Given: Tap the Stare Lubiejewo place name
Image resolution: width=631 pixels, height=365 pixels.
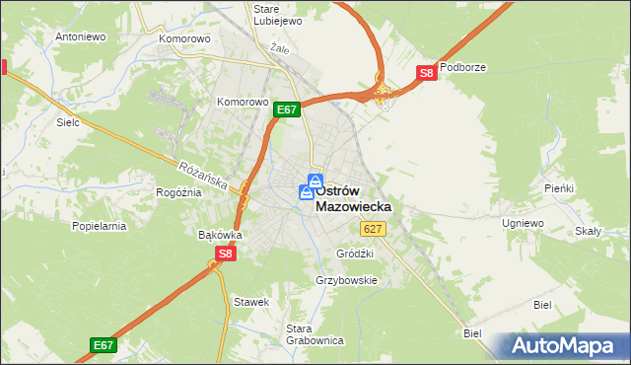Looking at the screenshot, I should pos(277,16).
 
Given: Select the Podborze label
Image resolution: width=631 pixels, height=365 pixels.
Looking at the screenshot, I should pos(463,67).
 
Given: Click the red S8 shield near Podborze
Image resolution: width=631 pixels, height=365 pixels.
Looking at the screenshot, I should pos(426,72).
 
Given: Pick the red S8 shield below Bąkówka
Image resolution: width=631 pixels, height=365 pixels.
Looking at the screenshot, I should pos(225,254).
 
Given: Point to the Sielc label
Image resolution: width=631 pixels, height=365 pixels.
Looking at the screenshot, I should pos(68,123).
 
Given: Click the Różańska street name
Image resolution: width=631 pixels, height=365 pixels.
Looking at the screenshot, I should pos(204,177).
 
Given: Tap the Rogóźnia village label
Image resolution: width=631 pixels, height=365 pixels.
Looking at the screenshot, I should pos(178,192).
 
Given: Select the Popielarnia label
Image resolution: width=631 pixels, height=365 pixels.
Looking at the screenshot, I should pos(100,226).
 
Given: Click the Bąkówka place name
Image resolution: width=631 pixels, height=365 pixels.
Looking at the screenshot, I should pos(220,236).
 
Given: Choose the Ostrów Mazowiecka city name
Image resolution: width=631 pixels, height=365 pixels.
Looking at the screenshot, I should pos(353,198).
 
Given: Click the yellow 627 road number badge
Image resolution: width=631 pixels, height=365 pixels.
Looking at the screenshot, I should pos(372,229).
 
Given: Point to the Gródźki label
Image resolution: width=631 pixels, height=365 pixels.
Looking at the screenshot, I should pos(355,253).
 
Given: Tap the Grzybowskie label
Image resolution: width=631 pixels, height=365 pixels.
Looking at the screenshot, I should pos(346,280).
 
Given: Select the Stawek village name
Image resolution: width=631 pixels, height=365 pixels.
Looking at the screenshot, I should pos(250,302).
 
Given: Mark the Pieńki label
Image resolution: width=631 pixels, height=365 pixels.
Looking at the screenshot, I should pos(559,187).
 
